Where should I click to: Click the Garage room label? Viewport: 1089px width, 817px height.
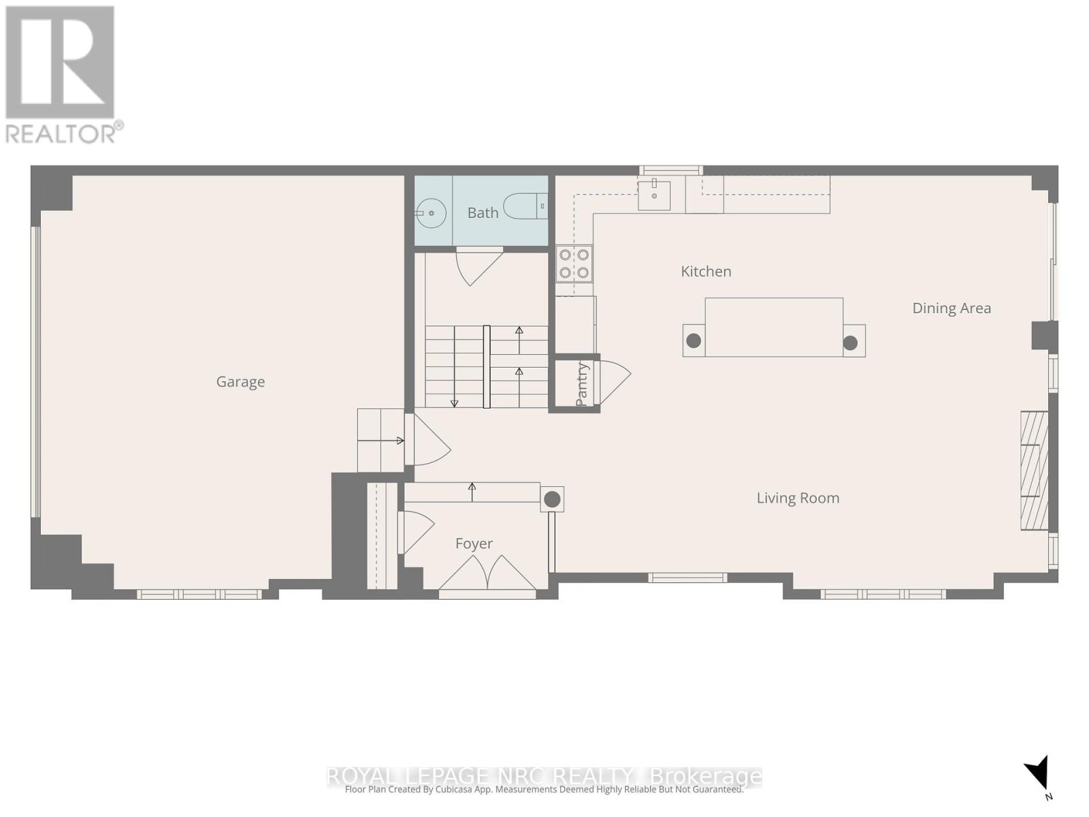click(240, 382)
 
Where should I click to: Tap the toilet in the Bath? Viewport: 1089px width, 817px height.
click(524, 206)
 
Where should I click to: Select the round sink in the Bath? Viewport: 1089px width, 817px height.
click(430, 213)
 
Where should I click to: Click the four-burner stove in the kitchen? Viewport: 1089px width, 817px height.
click(574, 263)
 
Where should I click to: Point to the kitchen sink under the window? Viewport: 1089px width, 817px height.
click(654, 195)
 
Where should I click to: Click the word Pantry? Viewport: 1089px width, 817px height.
click(582, 385)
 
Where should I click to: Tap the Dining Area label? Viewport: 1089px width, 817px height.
click(951, 308)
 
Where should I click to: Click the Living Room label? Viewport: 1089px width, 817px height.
click(798, 498)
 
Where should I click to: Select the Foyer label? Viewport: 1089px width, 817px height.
click(474, 543)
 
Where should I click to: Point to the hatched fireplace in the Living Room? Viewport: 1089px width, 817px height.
click(1034, 470)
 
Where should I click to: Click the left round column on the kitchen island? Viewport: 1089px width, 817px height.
click(694, 340)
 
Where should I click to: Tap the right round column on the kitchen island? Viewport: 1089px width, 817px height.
click(850, 343)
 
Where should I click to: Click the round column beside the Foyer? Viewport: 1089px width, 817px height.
click(552, 500)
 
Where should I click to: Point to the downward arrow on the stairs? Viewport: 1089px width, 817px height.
click(455, 402)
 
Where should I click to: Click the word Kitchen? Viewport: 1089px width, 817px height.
click(706, 271)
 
